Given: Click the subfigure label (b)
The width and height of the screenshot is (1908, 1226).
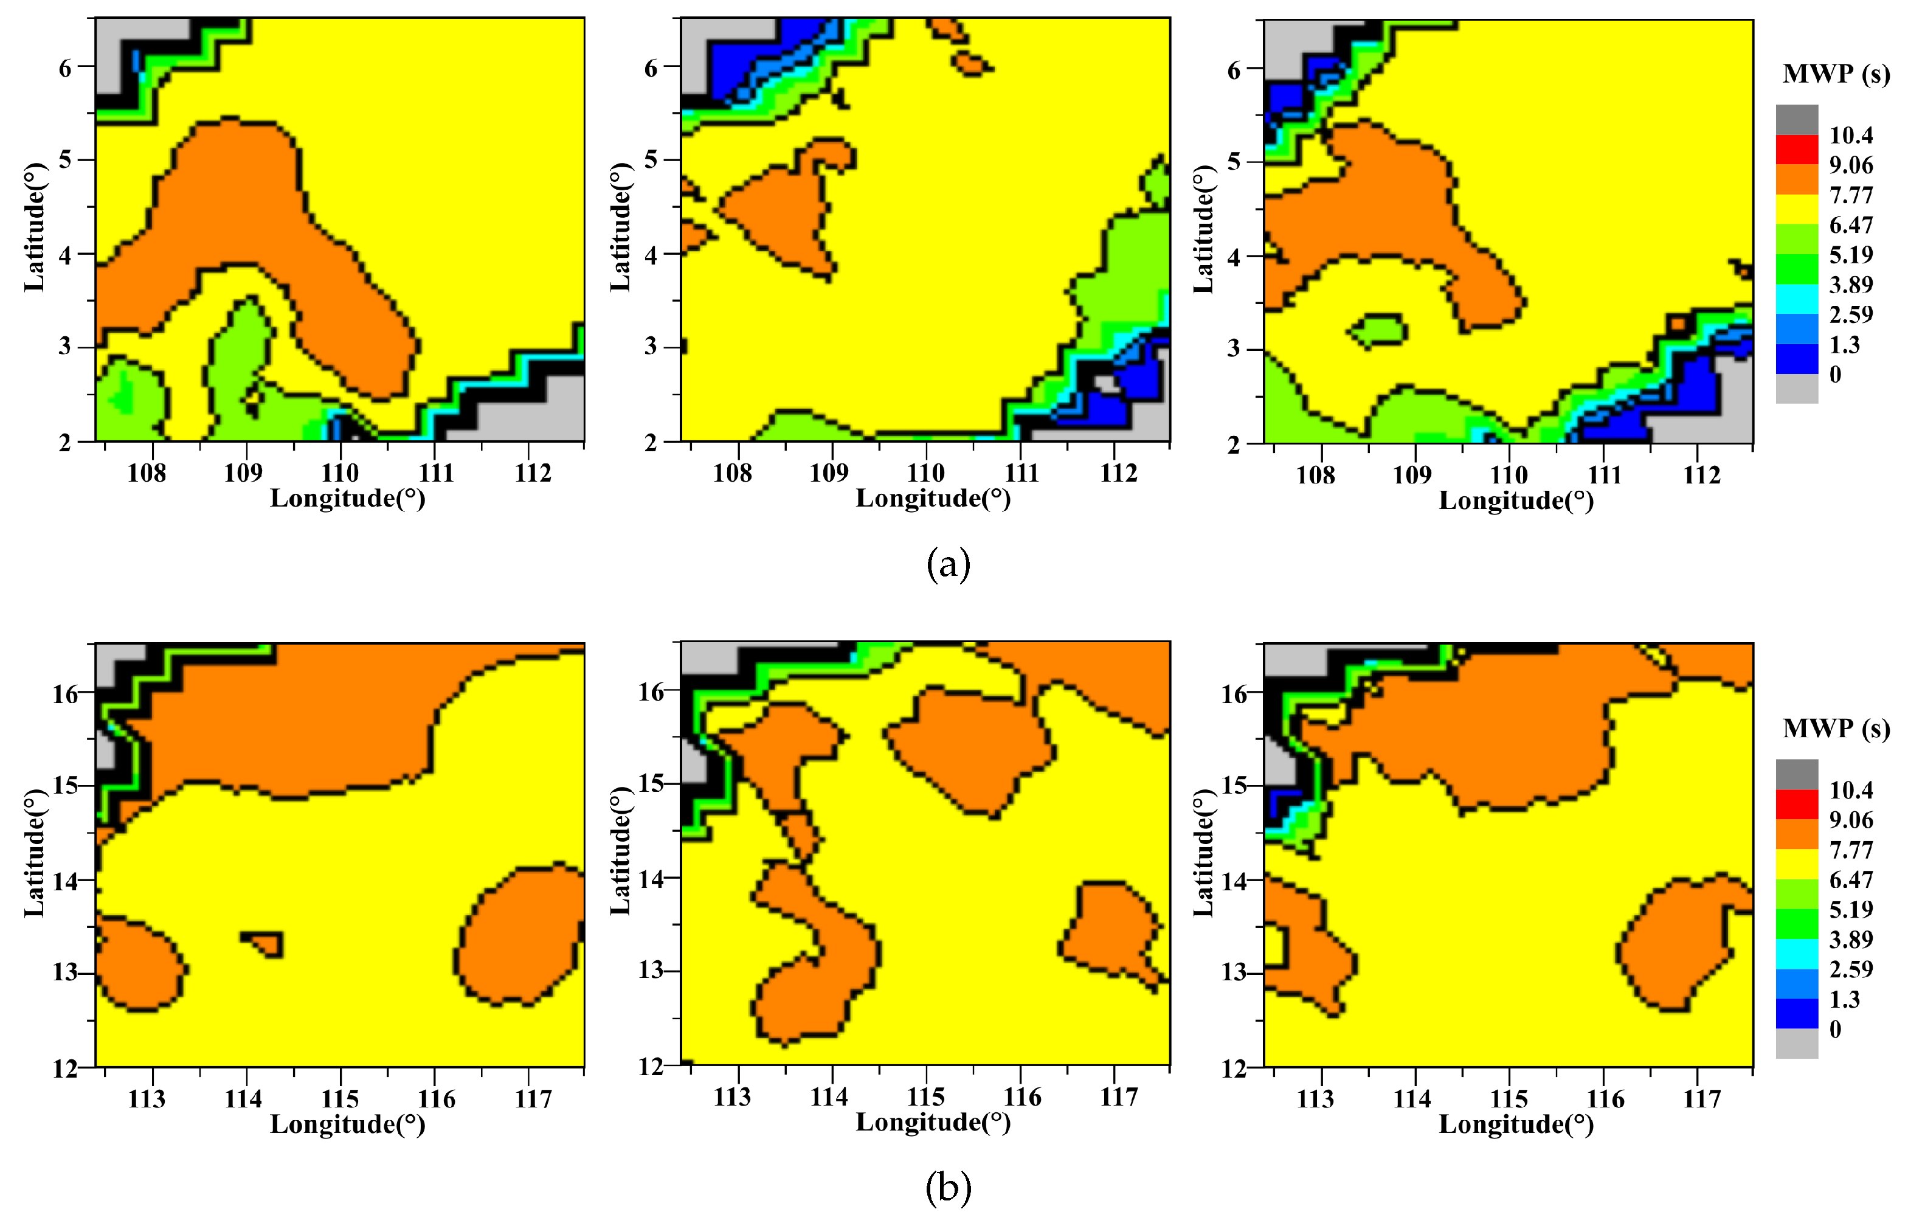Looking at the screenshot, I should coord(949,1188).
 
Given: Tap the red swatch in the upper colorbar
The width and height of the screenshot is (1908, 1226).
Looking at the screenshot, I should coord(1797,150).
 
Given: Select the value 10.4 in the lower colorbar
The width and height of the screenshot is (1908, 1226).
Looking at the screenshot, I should coord(1851,791).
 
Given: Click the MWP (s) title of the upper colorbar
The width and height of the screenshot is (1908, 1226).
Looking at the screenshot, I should coord(1836,74).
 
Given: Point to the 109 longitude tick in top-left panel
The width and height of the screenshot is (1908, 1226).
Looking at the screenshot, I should coord(243,474).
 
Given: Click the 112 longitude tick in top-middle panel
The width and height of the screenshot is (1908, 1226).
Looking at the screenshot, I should coord(1118,474).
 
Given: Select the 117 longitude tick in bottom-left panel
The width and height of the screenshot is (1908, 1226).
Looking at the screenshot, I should coord(533,1100).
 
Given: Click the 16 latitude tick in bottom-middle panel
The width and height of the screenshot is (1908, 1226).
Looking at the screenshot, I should coord(651,692).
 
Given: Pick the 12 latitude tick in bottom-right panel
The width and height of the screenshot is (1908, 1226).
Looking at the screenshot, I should coord(1234,1069).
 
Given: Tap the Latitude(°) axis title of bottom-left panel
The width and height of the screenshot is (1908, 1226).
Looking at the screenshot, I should coord(34,853).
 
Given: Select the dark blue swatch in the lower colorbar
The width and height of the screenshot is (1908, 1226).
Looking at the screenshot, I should coord(1797,1013).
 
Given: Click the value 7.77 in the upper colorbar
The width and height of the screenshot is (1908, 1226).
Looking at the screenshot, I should coord(1851,195).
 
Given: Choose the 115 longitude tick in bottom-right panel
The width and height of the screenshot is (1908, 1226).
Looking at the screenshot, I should coord(1509,1100).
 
